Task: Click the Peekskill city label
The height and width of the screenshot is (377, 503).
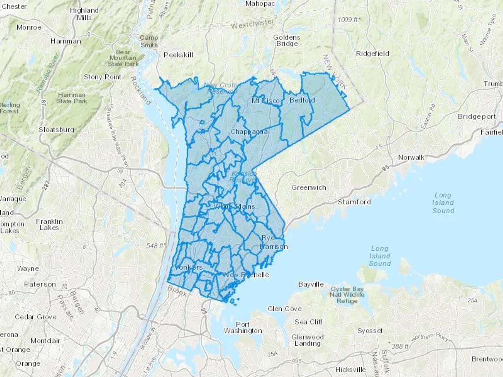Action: [x=178, y=55]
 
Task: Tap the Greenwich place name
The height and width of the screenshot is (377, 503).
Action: [x=309, y=187]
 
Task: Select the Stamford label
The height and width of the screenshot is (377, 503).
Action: [x=354, y=202]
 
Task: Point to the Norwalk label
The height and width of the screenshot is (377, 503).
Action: [x=411, y=157]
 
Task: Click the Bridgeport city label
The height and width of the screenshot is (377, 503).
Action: [x=476, y=116]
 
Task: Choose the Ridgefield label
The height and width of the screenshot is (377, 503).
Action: [x=372, y=54]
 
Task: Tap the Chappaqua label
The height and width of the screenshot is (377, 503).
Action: [x=249, y=132]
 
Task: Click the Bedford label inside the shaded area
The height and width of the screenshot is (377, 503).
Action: [x=302, y=100]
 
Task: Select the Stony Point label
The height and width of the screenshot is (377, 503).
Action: [x=102, y=77]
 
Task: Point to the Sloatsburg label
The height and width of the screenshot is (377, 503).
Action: [x=56, y=130]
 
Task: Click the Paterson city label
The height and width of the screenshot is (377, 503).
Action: [x=40, y=284]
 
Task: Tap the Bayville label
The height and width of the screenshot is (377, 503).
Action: [x=311, y=284]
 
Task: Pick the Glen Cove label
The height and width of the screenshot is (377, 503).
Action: [x=284, y=309]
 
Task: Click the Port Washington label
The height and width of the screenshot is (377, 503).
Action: [x=243, y=328]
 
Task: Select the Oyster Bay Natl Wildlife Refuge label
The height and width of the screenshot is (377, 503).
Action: [x=347, y=295]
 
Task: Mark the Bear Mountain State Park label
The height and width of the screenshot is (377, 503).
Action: [x=123, y=58]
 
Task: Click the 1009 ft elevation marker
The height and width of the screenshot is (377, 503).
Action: [x=348, y=20]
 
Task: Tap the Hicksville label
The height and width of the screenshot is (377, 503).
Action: [x=350, y=369]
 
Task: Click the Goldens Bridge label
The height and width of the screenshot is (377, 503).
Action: [x=287, y=40]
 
